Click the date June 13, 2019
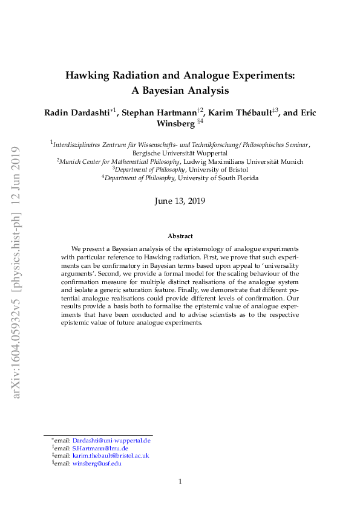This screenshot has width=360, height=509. (180, 201)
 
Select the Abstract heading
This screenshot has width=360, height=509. (180, 236)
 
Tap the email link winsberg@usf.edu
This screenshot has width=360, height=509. (97, 463)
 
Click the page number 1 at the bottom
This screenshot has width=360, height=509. (180, 481)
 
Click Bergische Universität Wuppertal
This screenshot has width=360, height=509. (180, 154)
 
